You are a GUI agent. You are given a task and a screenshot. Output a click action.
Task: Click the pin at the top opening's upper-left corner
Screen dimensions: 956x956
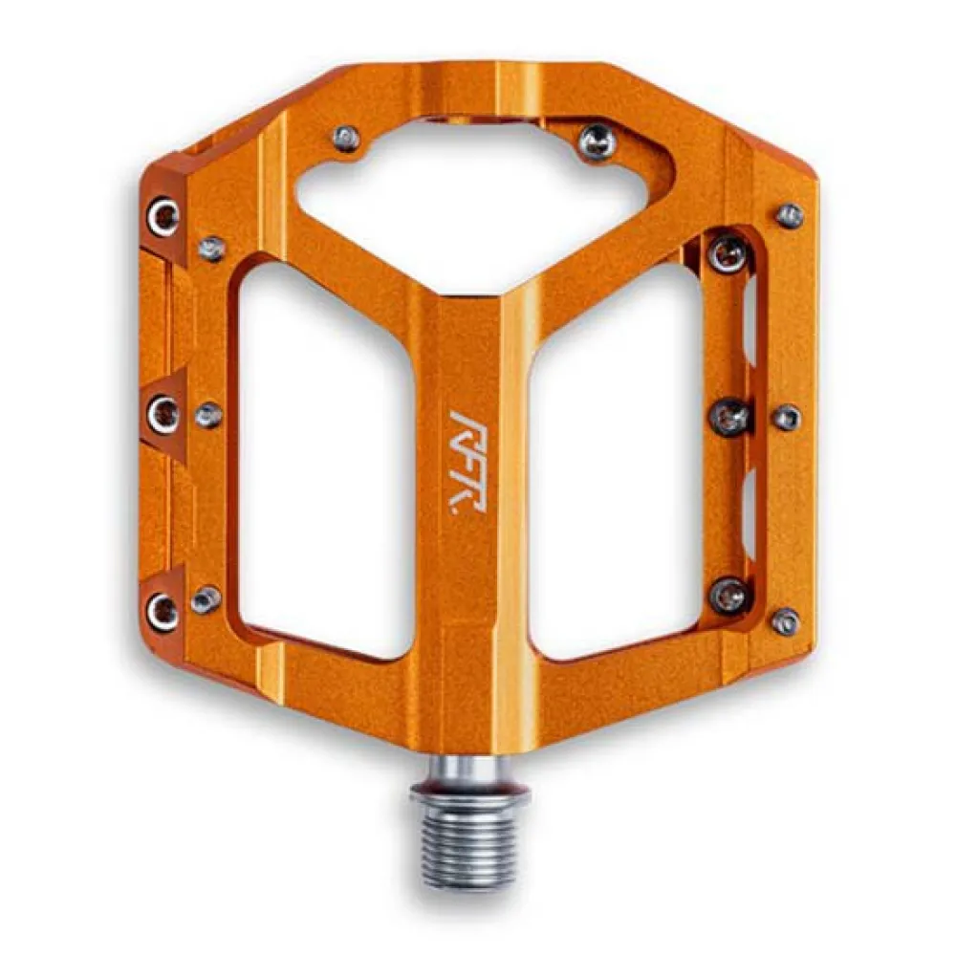347,139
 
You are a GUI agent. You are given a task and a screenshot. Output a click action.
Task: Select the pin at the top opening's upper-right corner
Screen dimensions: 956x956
597,141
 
